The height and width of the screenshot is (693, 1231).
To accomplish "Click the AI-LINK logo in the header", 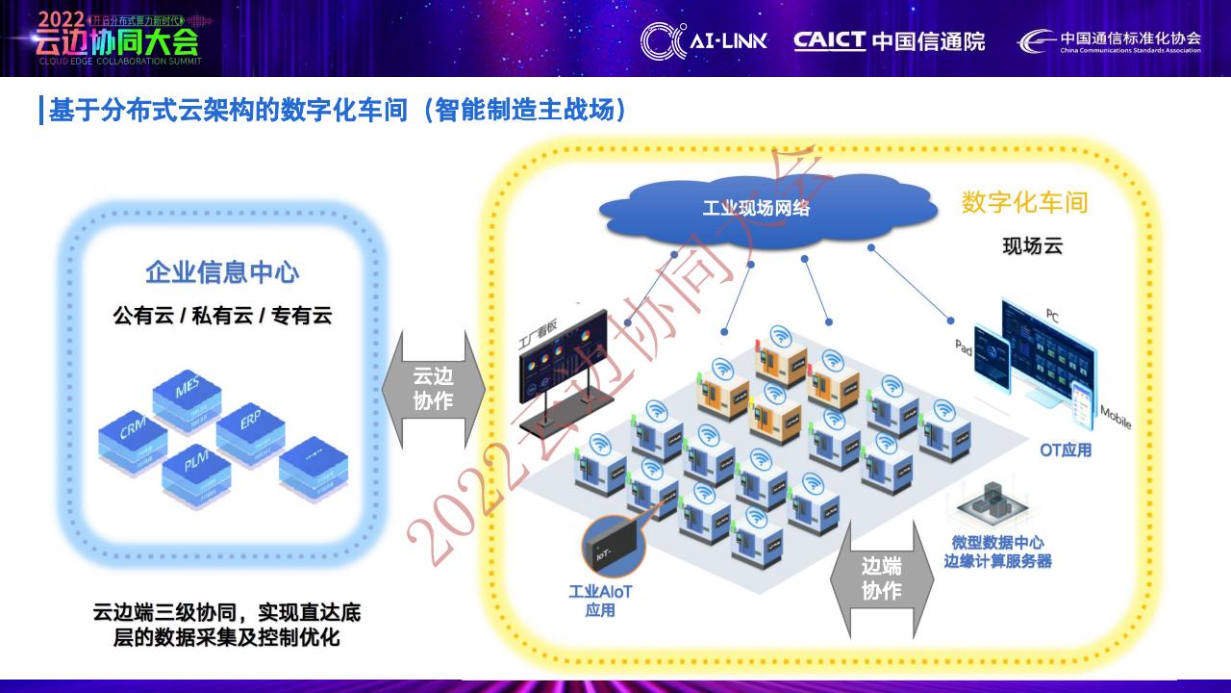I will (x=704, y=41).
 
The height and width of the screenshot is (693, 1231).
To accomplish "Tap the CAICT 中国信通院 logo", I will (x=889, y=41).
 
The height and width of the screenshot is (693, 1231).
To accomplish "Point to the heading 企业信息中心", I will (x=222, y=272).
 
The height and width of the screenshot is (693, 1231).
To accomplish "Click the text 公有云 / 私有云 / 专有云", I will (x=222, y=315).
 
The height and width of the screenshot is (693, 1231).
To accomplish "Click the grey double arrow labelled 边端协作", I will (x=881, y=578).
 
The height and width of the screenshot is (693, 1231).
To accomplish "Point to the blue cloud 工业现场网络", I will (x=756, y=207).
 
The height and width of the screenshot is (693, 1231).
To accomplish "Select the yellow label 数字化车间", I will (x=1024, y=203).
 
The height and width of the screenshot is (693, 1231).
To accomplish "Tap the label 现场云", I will (x=1032, y=246).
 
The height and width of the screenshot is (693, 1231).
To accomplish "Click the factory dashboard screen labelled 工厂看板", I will (x=564, y=357).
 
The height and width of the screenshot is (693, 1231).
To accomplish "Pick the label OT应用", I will (x=1066, y=449).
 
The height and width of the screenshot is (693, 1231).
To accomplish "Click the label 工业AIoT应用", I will (x=599, y=601).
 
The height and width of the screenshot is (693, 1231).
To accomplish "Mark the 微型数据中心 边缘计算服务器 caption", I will (x=997, y=552).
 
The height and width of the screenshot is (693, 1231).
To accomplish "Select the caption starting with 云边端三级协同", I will (x=226, y=625).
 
